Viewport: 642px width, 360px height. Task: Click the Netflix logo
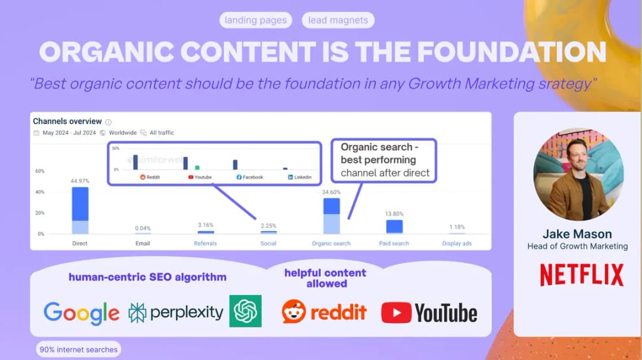581,275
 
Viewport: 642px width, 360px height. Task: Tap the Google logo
81,312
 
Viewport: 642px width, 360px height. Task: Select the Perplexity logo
176,312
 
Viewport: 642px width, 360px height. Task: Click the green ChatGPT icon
245,311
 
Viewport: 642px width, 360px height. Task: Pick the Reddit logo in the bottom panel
324,312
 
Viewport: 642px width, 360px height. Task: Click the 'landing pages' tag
256,20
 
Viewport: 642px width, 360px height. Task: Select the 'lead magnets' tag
338,20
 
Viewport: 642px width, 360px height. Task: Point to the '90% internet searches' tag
78,349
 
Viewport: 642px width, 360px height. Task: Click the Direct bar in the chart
80,210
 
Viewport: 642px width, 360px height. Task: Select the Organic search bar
332,216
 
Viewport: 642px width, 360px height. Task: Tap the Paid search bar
394,226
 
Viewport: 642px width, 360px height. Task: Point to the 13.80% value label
394,214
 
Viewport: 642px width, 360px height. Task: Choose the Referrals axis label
205,244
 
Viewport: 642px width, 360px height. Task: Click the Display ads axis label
457,244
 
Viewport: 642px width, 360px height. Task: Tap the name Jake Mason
577,233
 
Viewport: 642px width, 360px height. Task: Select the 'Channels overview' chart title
67,121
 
